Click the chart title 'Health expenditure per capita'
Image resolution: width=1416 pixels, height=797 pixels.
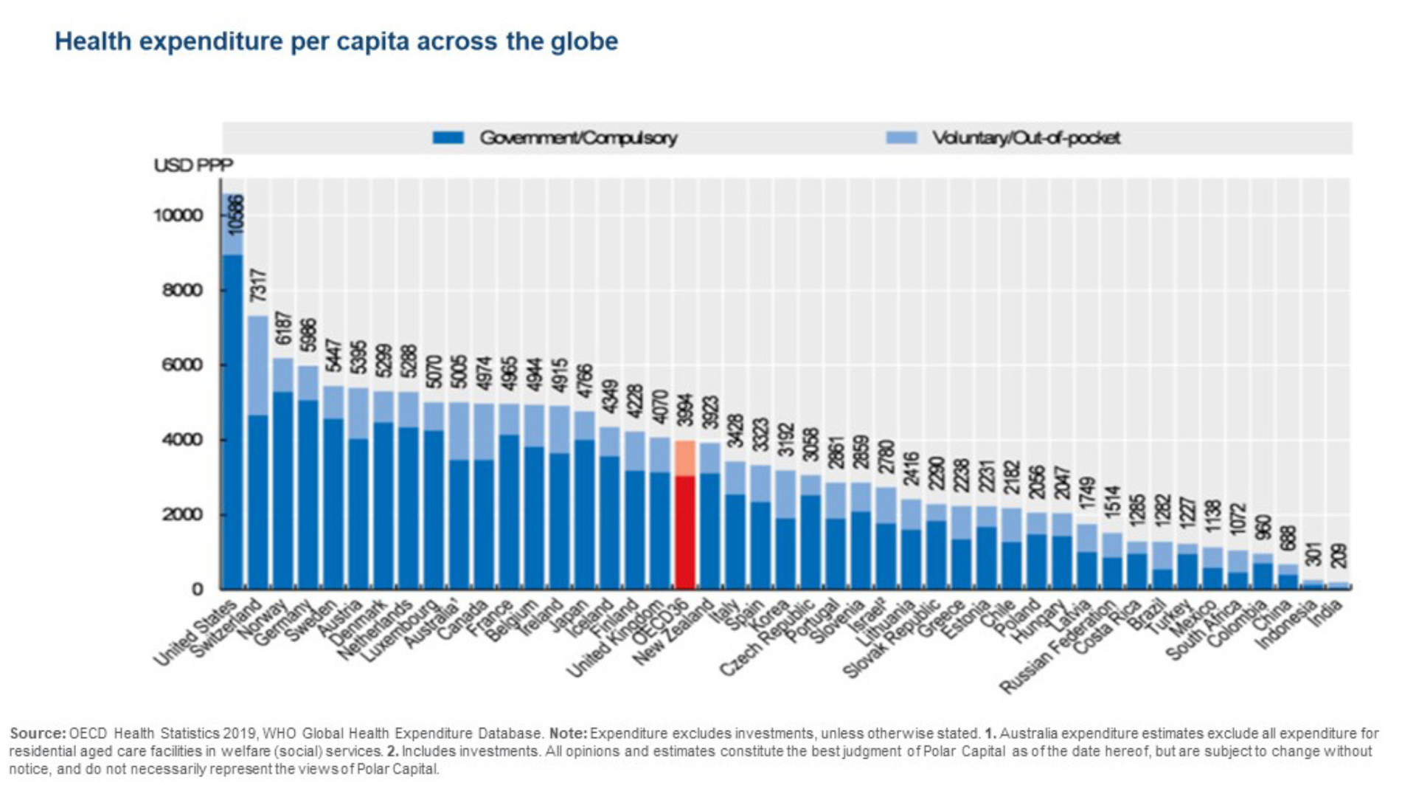click(x=336, y=41)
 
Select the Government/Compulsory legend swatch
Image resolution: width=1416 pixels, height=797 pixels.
click(x=448, y=138)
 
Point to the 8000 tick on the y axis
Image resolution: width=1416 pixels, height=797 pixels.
click(x=182, y=290)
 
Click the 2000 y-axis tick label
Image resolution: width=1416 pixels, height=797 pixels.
click(x=182, y=514)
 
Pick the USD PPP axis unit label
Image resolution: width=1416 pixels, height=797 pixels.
click(x=193, y=165)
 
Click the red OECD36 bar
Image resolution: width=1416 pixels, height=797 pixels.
click(x=685, y=531)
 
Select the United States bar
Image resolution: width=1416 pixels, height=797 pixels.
click(x=233, y=421)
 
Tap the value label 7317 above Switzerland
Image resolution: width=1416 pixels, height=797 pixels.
click(x=258, y=286)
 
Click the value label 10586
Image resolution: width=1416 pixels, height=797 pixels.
click(x=235, y=214)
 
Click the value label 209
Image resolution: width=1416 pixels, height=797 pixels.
click(x=1339, y=556)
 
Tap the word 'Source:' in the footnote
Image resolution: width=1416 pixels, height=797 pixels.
click(x=37, y=734)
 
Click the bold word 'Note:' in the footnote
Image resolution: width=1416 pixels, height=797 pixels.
click(x=568, y=734)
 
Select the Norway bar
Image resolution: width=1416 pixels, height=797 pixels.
click(x=283, y=487)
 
